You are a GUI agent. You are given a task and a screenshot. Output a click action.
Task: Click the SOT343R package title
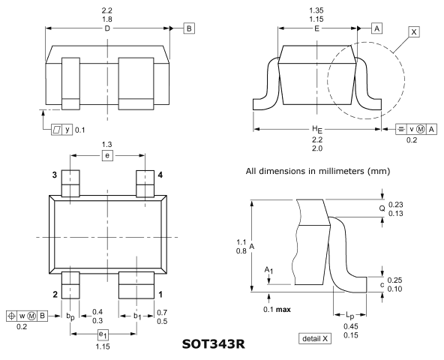pos(213,344)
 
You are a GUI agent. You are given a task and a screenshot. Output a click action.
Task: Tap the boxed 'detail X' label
pos(315,338)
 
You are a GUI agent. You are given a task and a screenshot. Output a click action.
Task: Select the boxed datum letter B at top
pos(189,28)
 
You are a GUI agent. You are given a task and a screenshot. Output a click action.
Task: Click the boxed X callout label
pos(414,32)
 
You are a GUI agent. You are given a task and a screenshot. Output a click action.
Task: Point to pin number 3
pos(55,175)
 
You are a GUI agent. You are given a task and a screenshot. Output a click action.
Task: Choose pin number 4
pos(160,175)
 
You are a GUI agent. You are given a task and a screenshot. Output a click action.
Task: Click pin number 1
pos(160,295)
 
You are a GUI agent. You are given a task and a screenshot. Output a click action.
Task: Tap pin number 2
pos(55,295)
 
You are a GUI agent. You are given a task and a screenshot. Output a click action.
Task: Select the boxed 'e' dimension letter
pos(107,155)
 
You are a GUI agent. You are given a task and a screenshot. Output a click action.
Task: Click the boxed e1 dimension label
pos(103,334)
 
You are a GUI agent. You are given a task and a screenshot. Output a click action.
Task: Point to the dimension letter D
pos(107,28)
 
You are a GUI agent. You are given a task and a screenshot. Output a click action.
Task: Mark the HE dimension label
pos(316,130)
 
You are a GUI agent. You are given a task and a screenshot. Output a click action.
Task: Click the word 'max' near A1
pos(283,309)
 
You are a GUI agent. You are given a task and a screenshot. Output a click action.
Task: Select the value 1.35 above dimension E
pos(316,10)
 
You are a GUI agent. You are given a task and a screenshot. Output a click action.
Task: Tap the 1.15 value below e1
pos(103,346)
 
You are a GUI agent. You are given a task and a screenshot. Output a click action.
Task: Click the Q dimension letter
pos(382,208)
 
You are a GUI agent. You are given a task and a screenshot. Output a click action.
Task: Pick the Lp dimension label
pos(350,315)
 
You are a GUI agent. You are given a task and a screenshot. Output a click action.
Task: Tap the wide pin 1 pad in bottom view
pos(136,285)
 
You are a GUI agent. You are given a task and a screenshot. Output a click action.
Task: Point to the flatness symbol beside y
pos(57,130)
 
